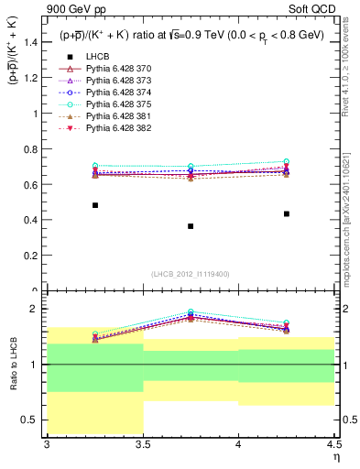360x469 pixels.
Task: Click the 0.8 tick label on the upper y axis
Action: (x=30, y=149)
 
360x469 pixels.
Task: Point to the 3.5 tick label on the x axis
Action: (x=142, y=443)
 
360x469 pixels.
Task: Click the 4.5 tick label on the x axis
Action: (x=333, y=443)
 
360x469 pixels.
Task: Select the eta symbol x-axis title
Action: (x=335, y=455)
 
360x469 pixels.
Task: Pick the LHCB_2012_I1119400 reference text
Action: (x=191, y=274)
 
